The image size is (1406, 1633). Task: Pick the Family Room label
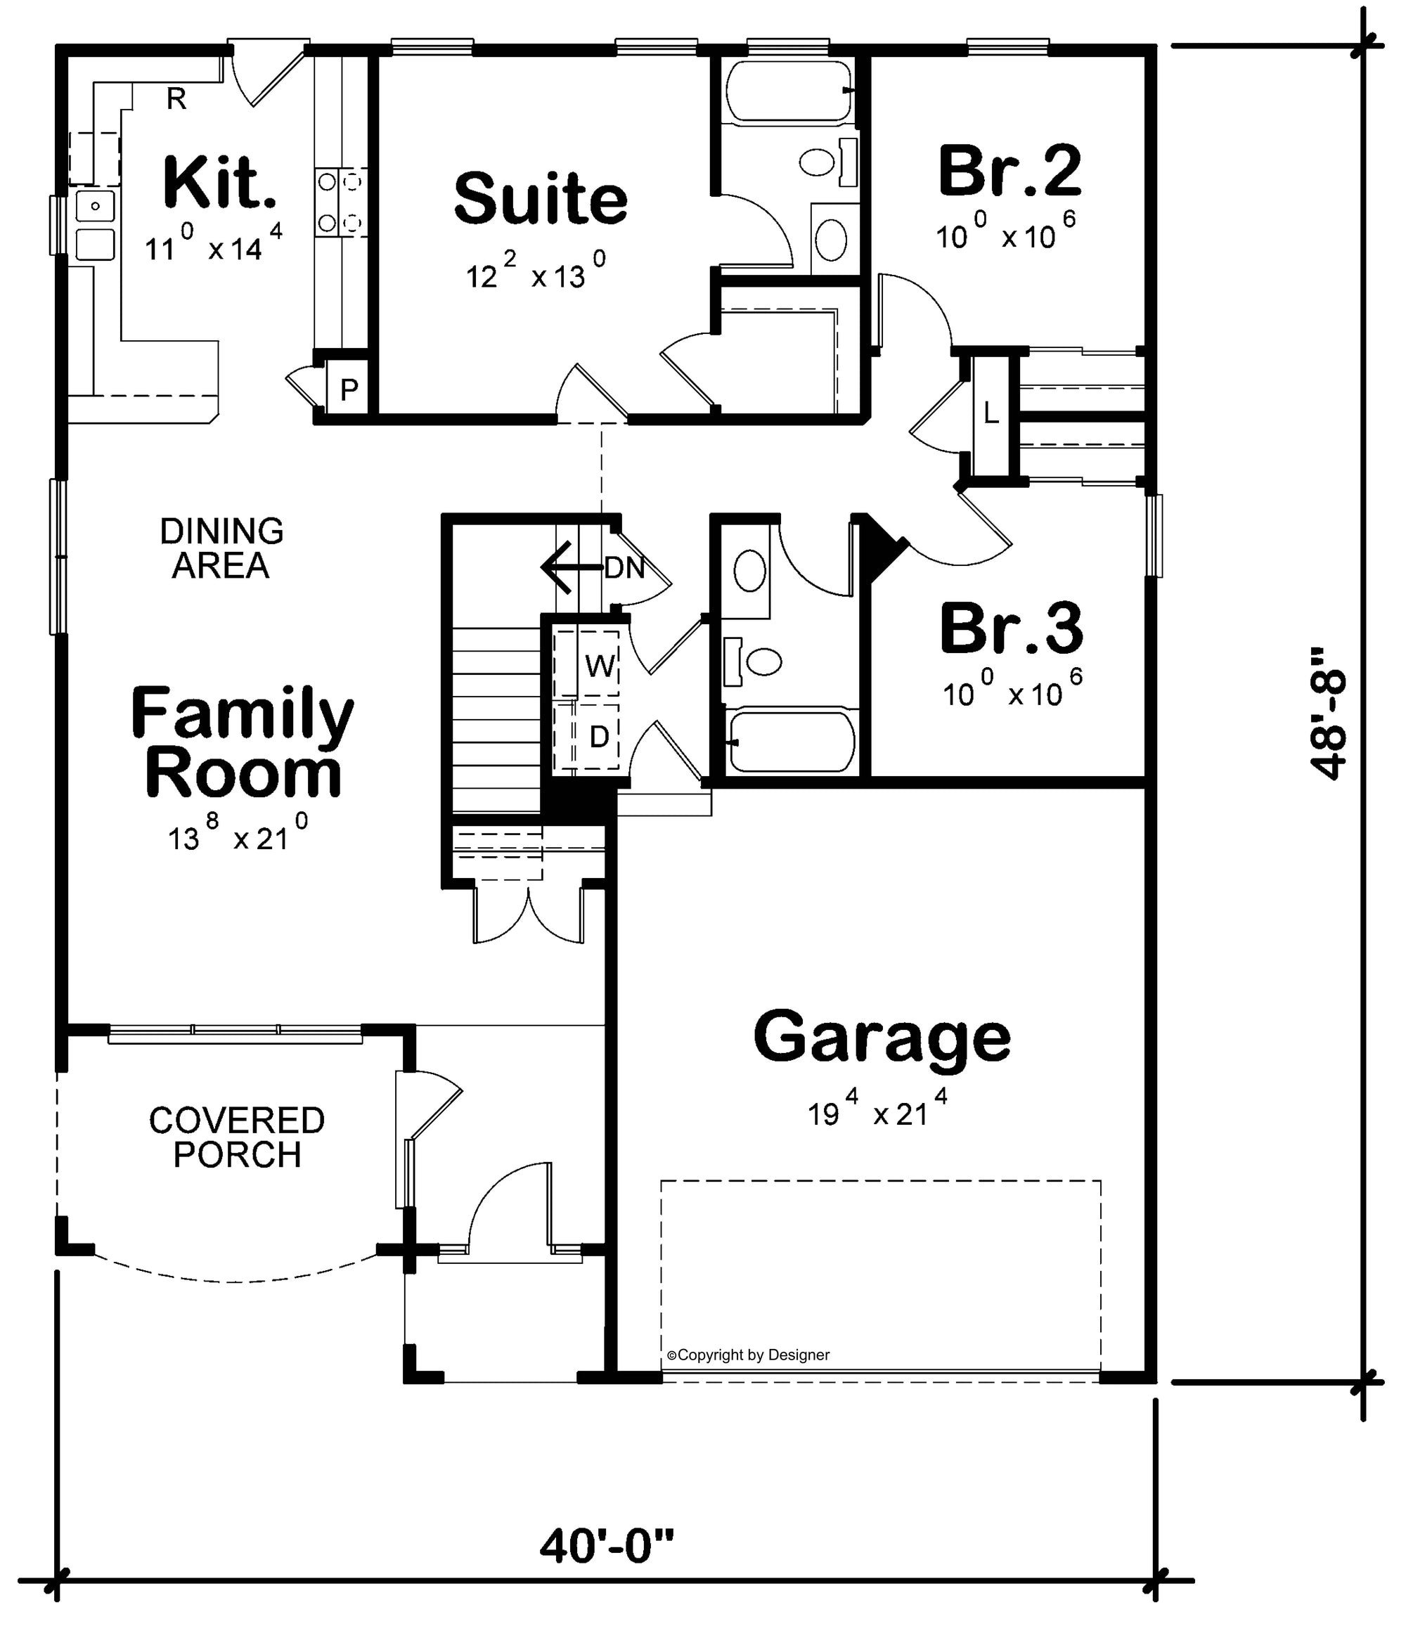coord(242,741)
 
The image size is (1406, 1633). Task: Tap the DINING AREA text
coord(221,548)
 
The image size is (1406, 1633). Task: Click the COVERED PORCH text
coord(236,1137)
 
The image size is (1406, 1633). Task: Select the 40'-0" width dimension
coord(607,1547)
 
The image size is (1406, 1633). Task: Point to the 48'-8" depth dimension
coord(1327,714)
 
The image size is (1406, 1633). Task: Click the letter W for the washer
coord(600,666)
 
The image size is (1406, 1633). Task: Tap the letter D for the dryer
coord(599,737)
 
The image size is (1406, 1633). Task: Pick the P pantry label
coord(349,389)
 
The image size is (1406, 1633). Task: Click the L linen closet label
coord(991,412)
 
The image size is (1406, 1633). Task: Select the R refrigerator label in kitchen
coord(176,99)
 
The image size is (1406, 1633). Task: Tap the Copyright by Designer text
coord(748,1354)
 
